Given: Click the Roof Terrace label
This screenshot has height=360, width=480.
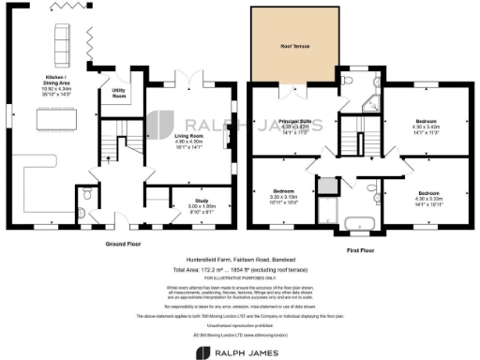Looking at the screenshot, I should click(294, 46).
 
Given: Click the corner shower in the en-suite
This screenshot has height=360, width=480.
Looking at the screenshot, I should click(372, 103).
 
